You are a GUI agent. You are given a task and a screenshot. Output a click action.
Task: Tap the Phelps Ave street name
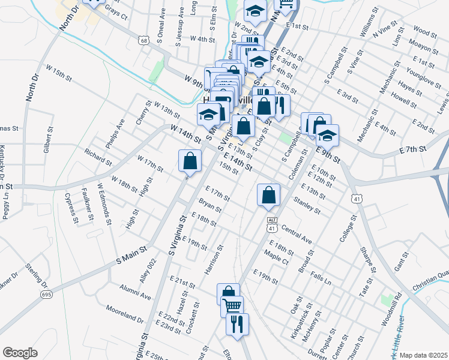click(115, 133)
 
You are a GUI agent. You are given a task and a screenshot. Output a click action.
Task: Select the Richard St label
click(98, 157)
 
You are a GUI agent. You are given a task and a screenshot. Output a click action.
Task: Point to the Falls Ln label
click(321, 278)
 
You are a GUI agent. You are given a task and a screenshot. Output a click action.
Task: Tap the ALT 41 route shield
click(272, 224)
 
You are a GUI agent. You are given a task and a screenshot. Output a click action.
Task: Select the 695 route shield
click(47, 294)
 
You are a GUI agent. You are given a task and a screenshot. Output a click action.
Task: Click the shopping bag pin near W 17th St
click(190, 161)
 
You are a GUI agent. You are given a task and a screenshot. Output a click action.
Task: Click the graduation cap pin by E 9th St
click(327, 136)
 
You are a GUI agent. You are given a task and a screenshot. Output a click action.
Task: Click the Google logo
click(20, 353)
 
